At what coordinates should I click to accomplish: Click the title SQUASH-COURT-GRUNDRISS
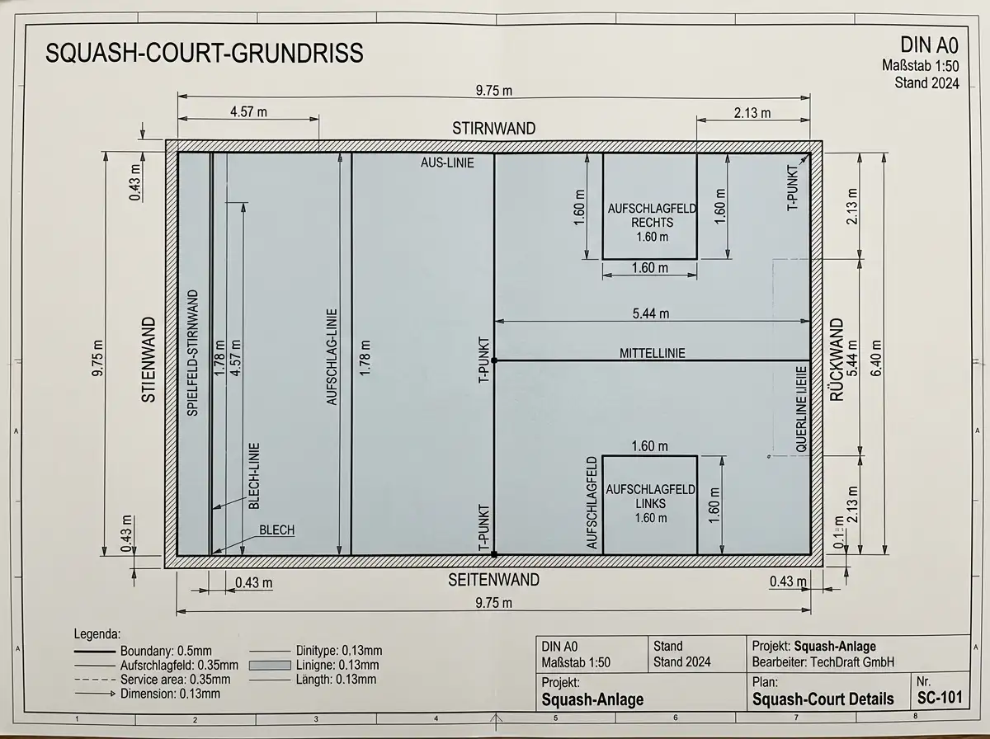click(205, 54)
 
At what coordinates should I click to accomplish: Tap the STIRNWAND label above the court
click(494, 129)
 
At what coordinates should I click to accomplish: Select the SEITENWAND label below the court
click(494, 580)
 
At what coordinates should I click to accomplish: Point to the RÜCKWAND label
click(837, 360)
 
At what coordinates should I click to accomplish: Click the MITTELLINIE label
click(653, 353)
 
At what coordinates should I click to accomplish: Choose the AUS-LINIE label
click(447, 162)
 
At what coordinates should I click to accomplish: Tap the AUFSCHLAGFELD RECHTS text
click(653, 215)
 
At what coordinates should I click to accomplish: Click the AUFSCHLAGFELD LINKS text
click(650, 497)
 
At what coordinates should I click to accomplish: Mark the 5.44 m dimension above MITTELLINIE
click(650, 313)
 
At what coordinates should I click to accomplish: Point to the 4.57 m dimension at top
click(248, 111)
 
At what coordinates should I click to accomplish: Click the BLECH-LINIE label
click(254, 476)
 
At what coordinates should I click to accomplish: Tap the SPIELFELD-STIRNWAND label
click(192, 353)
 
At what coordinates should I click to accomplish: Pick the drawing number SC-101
click(940, 698)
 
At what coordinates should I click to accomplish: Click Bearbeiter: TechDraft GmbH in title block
click(823, 662)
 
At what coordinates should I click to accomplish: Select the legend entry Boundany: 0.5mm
click(166, 651)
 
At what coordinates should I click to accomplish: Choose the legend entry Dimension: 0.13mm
click(170, 694)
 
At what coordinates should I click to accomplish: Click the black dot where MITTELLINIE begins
click(494, 360)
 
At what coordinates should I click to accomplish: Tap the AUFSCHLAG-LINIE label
click(332, 356)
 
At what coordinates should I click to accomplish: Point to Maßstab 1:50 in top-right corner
click(920, 66)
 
